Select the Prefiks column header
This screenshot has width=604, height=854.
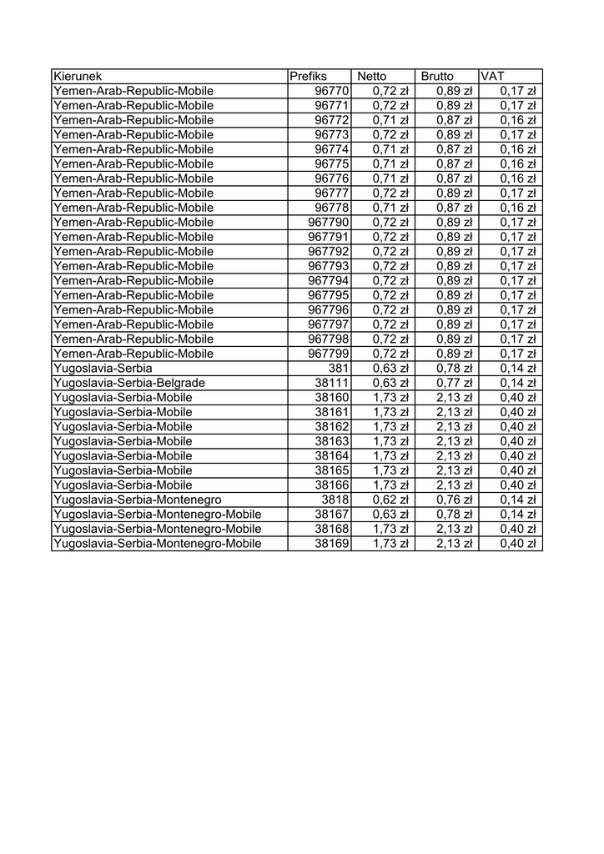309,77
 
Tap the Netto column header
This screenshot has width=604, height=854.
372,77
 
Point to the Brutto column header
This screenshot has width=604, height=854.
438,77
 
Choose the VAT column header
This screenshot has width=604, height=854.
493,77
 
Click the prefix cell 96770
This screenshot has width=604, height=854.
331,91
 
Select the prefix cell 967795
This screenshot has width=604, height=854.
328,295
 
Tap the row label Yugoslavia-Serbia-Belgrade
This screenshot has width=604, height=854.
129,383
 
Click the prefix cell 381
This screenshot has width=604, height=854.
338,368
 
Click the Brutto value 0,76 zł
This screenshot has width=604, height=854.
454,500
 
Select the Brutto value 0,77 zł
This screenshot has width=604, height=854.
454,383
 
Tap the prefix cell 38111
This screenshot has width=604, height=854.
331,383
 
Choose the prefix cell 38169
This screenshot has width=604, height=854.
331,544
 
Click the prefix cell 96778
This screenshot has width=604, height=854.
331,208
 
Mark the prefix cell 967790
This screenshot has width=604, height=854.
328,223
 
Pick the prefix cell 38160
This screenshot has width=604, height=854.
331,398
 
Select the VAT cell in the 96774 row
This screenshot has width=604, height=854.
517,149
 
